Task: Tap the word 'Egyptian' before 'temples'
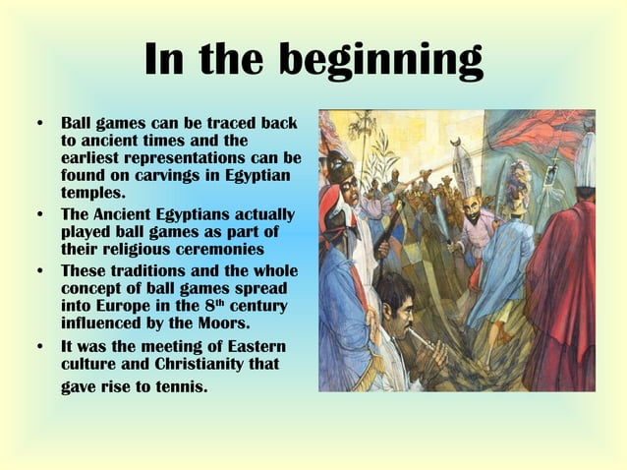coord(256,175)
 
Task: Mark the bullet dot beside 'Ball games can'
coord(40,125)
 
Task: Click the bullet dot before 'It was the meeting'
coord(40,346)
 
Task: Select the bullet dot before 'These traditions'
coord(40,270)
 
